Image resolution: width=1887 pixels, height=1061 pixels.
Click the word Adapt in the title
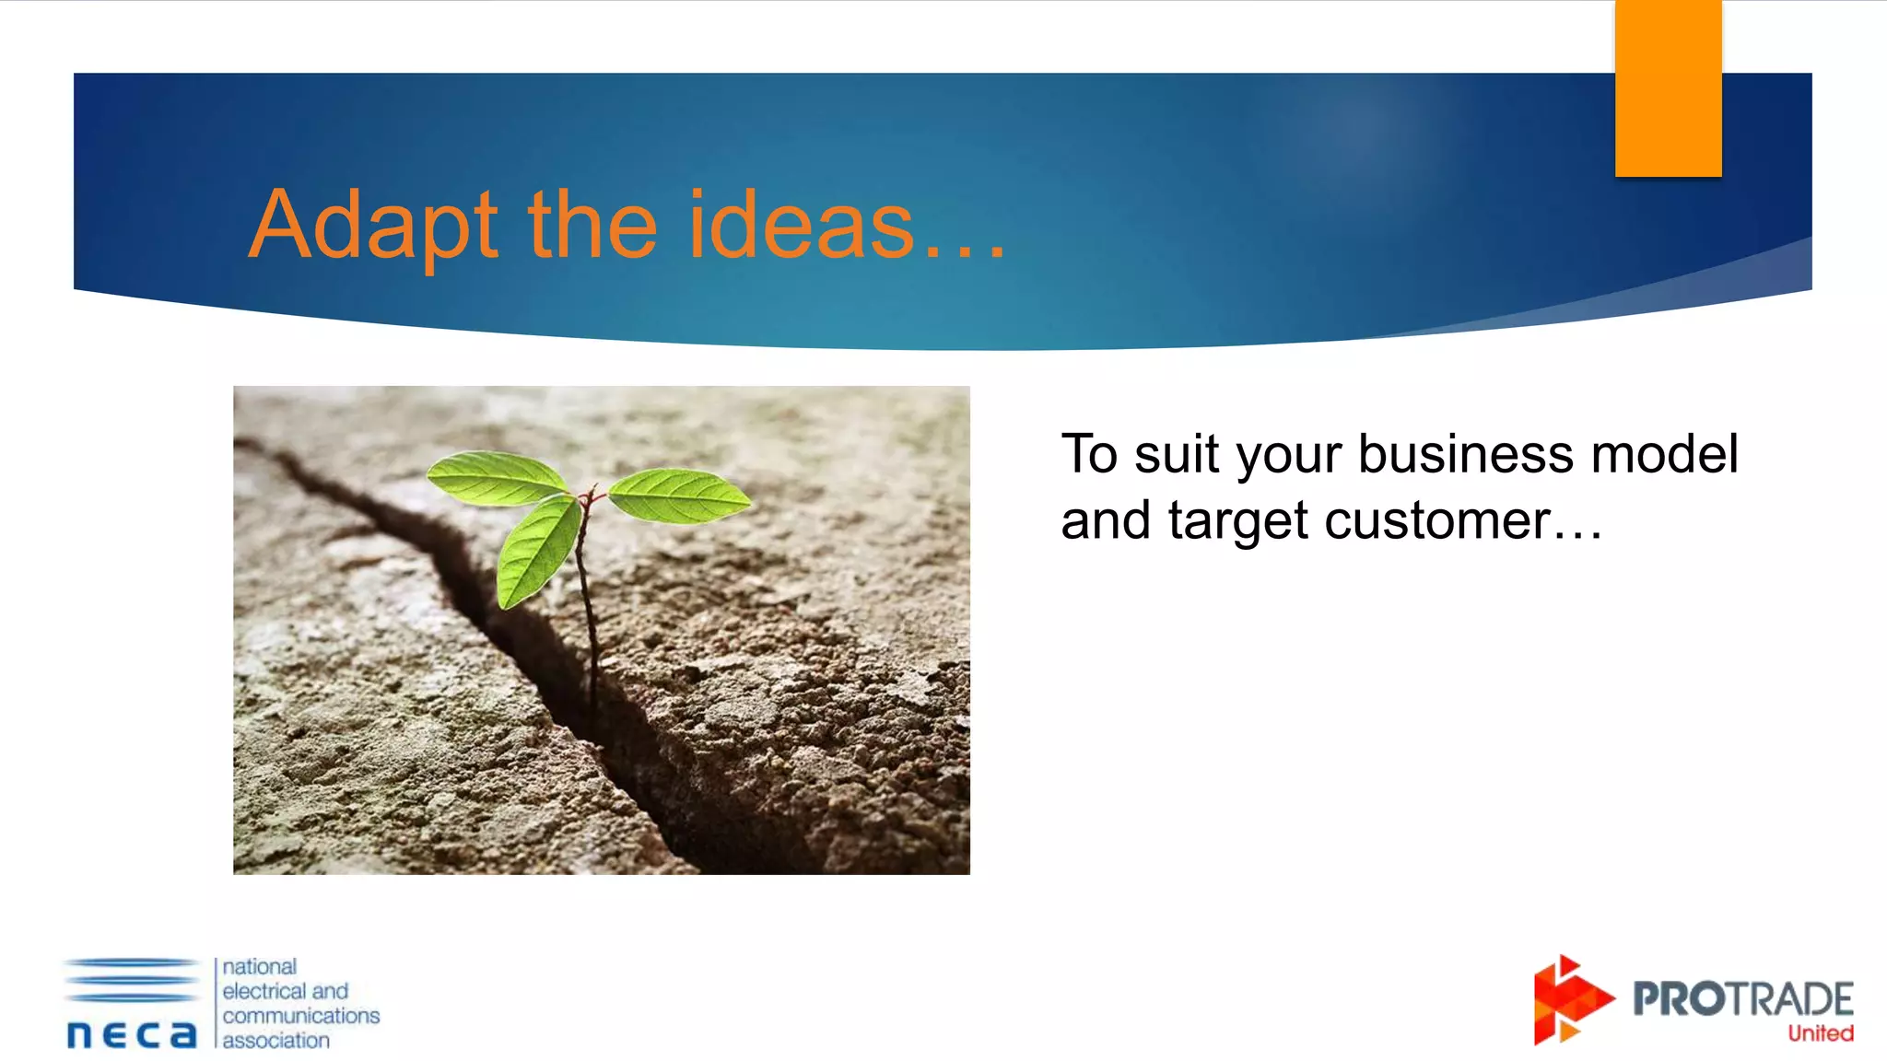tap(374, 226)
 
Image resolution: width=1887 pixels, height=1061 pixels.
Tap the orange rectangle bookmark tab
tap(1668, 87)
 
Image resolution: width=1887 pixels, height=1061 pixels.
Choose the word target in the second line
tap(1237, 521)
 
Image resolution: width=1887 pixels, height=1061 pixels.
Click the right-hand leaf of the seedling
tap(680, 496)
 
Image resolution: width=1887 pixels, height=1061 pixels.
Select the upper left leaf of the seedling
tap(498, 477)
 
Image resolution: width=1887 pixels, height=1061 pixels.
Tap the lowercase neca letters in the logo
tap(132, 1034)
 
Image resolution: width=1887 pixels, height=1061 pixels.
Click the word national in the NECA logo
tap(260, 966)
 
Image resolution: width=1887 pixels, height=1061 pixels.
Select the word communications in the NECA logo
tap(301, 1015)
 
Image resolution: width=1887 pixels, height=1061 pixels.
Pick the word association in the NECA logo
tap(276, 1040)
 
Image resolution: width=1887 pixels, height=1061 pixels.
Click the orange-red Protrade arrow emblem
tap(1569, 1000)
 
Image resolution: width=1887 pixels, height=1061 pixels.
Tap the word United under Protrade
tap(1821, 1033)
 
